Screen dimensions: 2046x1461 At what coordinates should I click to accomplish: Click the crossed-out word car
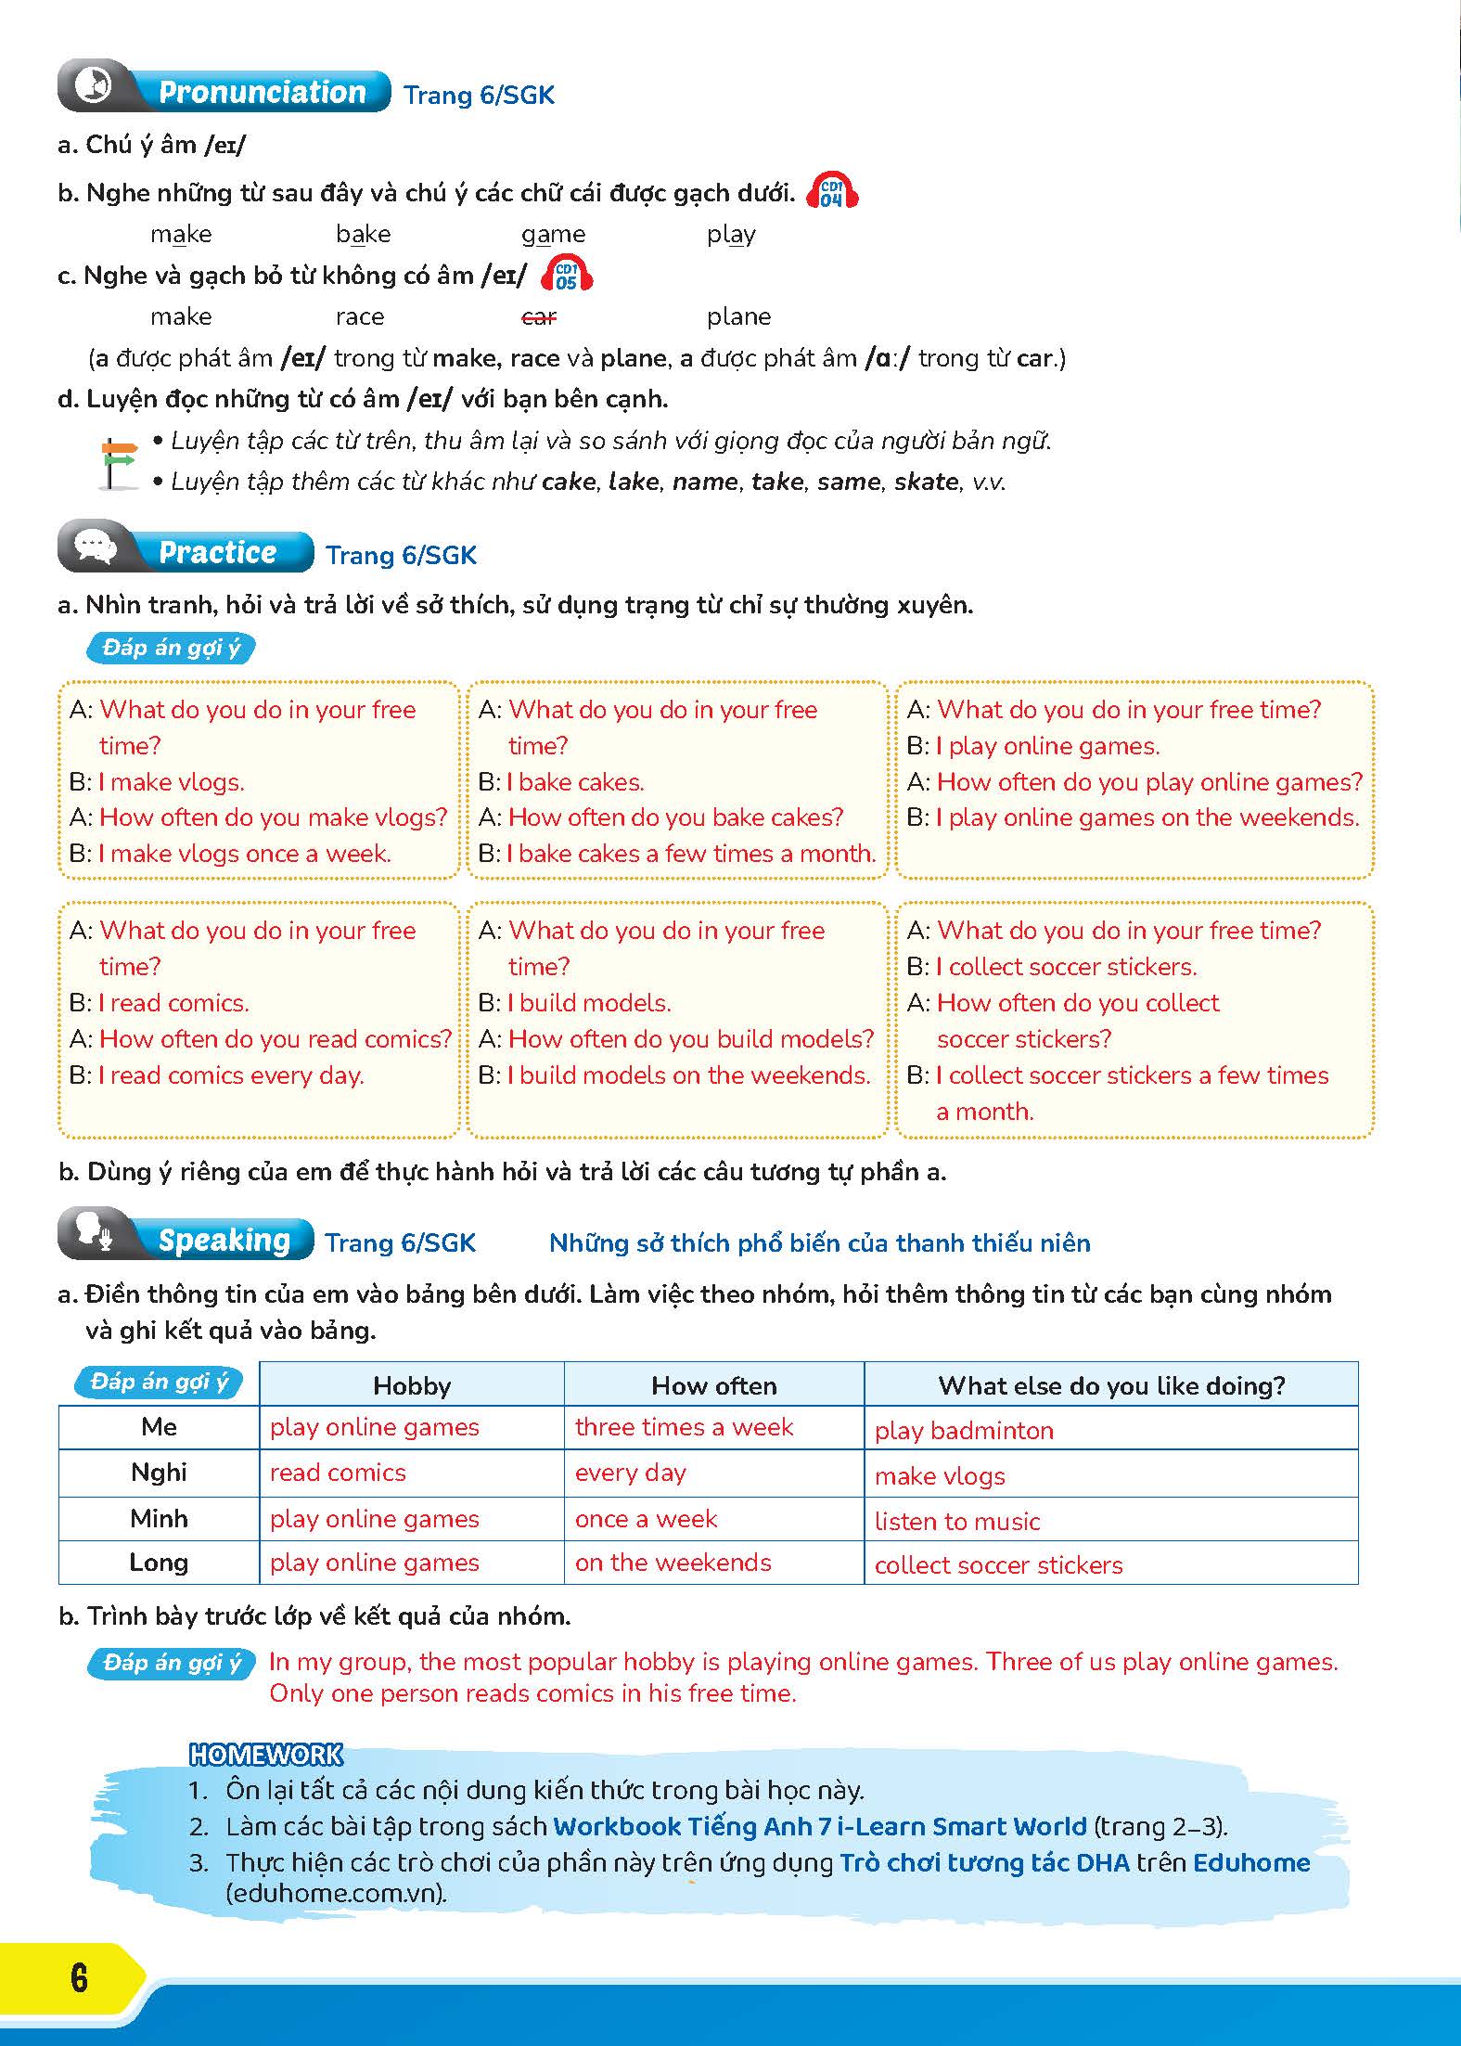coord(539,317)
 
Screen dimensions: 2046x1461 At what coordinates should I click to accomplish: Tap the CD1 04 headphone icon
coord(832,192)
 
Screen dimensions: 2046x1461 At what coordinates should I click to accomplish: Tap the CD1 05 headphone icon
coord(566,275)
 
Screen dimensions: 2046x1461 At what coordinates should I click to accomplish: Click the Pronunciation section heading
coord(262,92)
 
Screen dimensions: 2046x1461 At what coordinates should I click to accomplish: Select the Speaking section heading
coord(224,1241)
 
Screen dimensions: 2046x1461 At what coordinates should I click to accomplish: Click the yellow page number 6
coord(79,1978)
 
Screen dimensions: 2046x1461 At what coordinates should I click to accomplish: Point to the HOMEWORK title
coord(266,1755)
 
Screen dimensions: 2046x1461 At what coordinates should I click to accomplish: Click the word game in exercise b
coord(553,235)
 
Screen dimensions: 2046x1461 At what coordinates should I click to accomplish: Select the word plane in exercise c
coord(738,317)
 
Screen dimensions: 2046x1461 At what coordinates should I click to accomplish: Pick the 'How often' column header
coord(713,1385)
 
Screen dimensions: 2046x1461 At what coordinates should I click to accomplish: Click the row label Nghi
coord(159,1473)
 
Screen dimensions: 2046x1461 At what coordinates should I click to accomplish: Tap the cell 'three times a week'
coord(684,1427)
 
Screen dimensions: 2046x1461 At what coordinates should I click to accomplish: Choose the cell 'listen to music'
coord(957,1522)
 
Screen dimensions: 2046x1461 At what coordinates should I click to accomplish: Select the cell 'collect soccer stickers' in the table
coord(998,1565)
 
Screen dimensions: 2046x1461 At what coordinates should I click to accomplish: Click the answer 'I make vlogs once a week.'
coord(245,854)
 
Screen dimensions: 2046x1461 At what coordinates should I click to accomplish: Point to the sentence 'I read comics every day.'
coord(232,1075)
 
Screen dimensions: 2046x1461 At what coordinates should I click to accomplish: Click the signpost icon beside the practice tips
coord(116,462)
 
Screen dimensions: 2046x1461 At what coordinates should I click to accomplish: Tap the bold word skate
coord(926,482)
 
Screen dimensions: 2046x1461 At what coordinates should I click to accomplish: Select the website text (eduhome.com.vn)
coord(336,1894)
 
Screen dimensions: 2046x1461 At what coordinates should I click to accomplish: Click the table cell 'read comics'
coord(338,1473)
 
